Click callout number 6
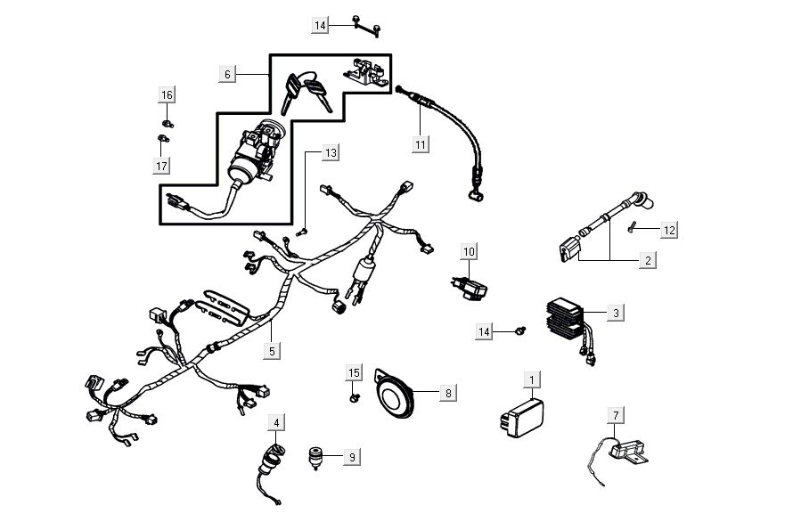(227, 75)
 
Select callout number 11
(420, 143)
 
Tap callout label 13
(331, 153)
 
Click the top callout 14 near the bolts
(321, 26)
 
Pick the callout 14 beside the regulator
(484, 331)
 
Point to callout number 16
(167, 94)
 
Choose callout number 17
(162, 166)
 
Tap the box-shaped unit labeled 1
(522, 416)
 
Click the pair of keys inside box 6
(307, 91)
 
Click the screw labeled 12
(632, 226)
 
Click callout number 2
(648, 260)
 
